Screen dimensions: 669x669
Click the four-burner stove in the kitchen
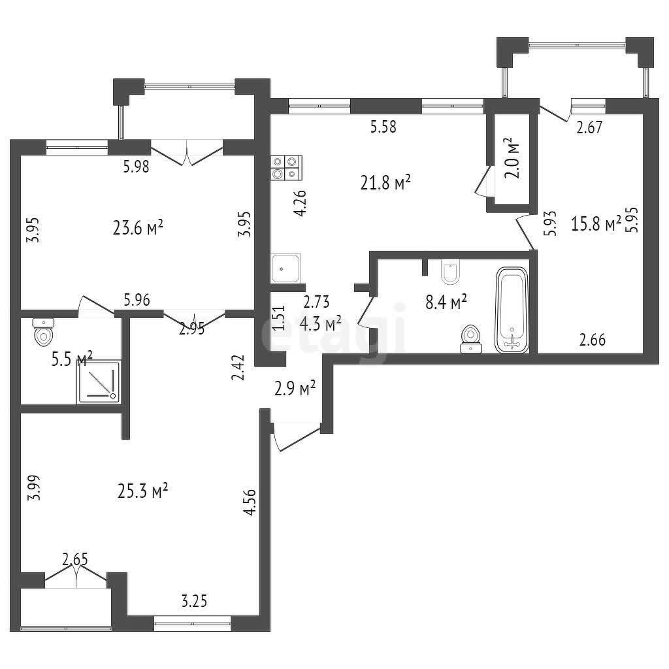[286, 168]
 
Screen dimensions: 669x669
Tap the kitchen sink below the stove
[286, 268]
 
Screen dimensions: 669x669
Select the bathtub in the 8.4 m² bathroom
[512, 310]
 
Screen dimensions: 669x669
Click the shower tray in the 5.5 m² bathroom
[99, 382]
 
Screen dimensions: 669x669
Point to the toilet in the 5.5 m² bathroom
[43, 331]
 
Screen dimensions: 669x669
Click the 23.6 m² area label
[138, 227]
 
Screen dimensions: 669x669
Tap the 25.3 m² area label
[142, 491]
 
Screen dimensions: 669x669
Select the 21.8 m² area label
[385, 183]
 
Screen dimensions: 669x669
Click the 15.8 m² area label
[596, 223]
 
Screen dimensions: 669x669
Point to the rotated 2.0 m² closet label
[512, 158]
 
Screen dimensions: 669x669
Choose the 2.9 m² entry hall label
[295, 388]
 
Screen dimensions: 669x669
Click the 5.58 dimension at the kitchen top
[383, 127]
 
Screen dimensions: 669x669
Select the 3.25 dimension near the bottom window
[194, 601]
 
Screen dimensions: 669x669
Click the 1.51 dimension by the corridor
[278, 318]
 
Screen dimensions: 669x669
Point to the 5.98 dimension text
[136, 166]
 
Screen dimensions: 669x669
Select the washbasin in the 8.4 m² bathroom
[471, 340]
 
